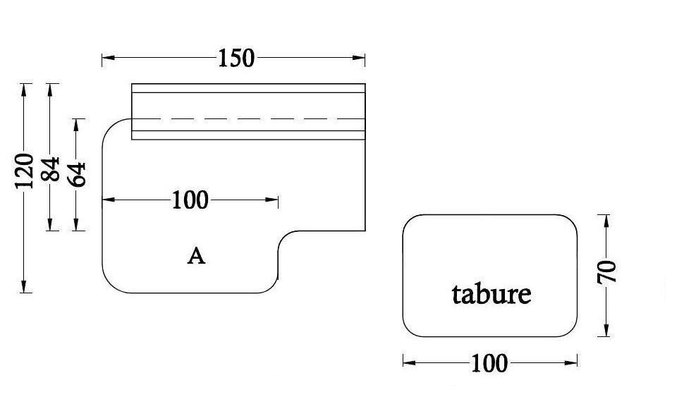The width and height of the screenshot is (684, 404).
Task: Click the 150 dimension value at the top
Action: point(236,59)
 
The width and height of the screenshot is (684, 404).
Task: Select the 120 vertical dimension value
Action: point(25,170)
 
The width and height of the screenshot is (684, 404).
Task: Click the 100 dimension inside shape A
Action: point(190,200)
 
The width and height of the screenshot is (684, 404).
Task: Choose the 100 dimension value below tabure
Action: point(489,363)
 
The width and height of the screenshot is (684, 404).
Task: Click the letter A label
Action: point(196,256)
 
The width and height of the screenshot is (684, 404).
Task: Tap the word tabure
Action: point(491,293)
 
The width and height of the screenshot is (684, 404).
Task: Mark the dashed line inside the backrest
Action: point(247,118)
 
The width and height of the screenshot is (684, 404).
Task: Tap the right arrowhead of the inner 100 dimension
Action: point(273,200)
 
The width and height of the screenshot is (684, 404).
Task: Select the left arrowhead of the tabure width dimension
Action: point(408,362)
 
